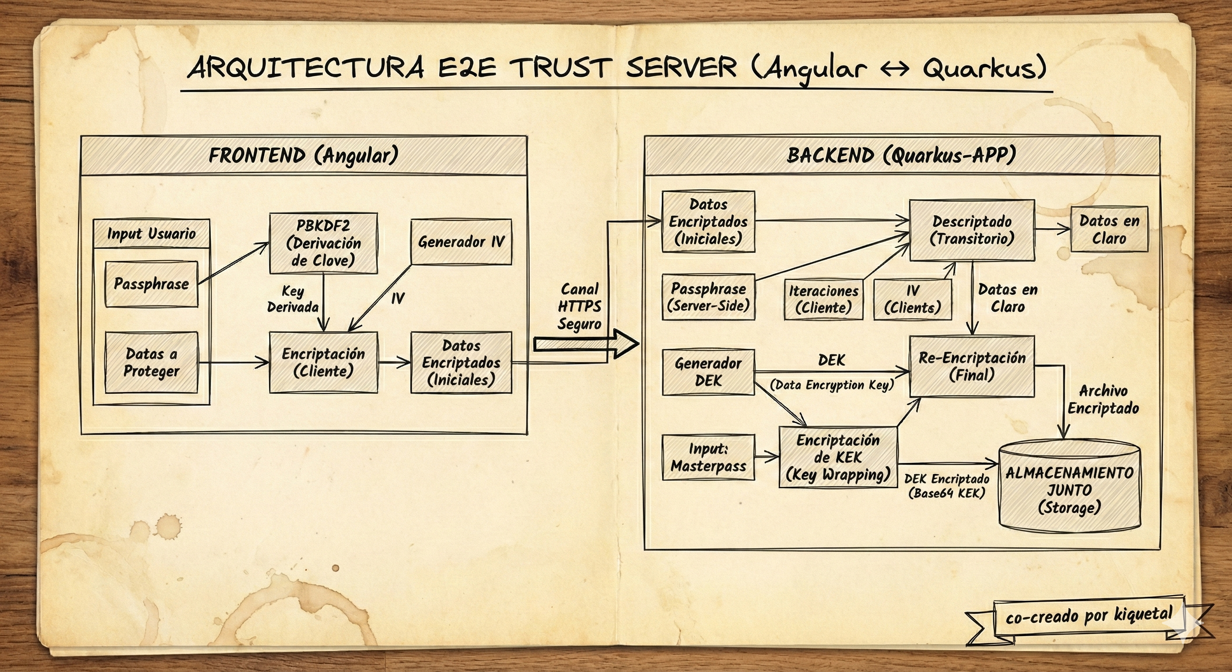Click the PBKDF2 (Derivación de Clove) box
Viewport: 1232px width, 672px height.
click(323, 243)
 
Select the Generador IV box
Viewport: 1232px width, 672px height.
click(461, 242)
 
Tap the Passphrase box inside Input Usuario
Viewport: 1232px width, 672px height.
click(151, 284)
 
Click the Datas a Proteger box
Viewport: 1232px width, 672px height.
click(151, 363)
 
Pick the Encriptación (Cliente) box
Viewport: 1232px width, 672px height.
click(323, 363)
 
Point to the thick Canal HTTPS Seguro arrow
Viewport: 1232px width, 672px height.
click(586, 344)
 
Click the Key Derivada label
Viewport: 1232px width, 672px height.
click(293, 299)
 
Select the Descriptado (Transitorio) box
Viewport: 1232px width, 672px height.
click(971, 230)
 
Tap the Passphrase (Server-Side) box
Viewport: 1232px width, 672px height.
click(708, 297)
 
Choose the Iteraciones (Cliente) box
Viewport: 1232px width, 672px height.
click(823, 299)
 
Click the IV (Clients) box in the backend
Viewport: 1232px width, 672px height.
click(912, 299)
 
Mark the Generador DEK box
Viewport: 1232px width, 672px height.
click(708, 372)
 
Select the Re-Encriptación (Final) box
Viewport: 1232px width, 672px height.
click(971, 366)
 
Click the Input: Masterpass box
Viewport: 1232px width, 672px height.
click(708, 457)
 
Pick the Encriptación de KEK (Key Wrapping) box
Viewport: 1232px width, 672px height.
click(838, 457)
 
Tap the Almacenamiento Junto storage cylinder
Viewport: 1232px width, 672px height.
click(1069, 488)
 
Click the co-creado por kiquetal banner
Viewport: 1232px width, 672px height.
click(1088, 616)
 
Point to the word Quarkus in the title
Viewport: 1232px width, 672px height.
click(983, 68)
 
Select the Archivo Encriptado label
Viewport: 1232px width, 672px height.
click(1103, 400)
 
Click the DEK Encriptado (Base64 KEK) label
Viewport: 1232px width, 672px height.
click(946, 486)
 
